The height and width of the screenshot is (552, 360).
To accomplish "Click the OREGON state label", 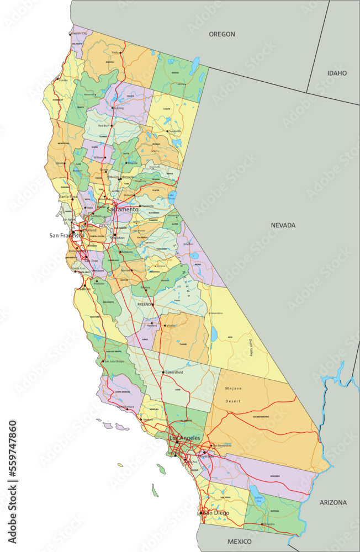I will [221, 34].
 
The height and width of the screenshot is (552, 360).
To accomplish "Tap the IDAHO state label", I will [337, 73].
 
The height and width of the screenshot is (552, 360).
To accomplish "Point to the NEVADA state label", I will [283, 225].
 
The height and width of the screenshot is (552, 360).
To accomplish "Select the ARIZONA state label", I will [333, 502].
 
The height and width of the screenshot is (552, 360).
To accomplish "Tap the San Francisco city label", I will [67, 236].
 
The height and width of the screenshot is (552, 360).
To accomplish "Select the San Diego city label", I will [216, 513].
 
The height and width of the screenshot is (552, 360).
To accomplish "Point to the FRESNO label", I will [144, 304].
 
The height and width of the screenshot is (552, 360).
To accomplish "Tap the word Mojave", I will [234, 388].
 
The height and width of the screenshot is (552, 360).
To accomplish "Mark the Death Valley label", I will [250, 348].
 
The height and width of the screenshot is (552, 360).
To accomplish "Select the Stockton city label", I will [117, 238].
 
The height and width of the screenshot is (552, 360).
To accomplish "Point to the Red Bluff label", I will [104, 126].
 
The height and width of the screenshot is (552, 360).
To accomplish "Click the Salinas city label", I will [85, 289].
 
